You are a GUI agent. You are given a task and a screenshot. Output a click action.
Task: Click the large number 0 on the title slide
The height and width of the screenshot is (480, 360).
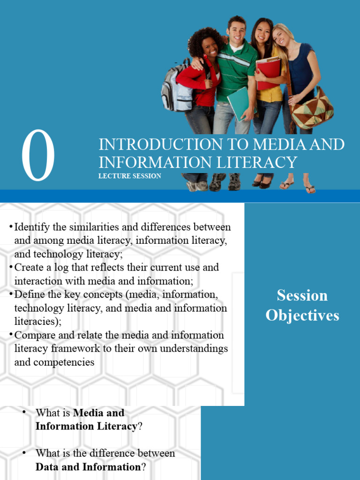click(x=38, y=157)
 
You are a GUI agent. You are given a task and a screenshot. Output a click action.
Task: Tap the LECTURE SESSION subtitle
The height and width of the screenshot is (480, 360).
click(x=130, y=176)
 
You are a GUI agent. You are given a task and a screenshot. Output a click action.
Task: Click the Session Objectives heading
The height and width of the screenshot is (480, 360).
click(x=302, y=305)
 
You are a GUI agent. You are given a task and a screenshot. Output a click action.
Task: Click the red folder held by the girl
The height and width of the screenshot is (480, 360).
click(x=268, y=72)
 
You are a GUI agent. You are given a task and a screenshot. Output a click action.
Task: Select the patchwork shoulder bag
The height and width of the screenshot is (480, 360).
click(x=312, y=109)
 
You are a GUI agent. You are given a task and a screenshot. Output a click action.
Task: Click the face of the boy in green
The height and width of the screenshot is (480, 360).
click(x=237, y=32)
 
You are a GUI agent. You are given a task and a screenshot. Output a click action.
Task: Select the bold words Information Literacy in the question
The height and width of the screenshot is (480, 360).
click(x=86, y=426)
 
